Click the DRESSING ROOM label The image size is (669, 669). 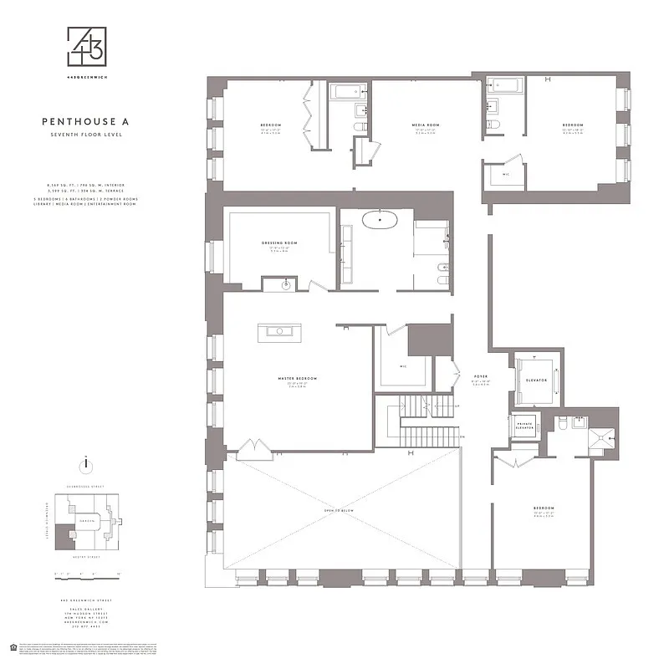[x=279, y=243]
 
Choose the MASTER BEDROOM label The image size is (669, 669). [x=298, y=379]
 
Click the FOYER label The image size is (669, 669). [x=480, y=376]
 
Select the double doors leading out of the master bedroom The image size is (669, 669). [x=254, y=450]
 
